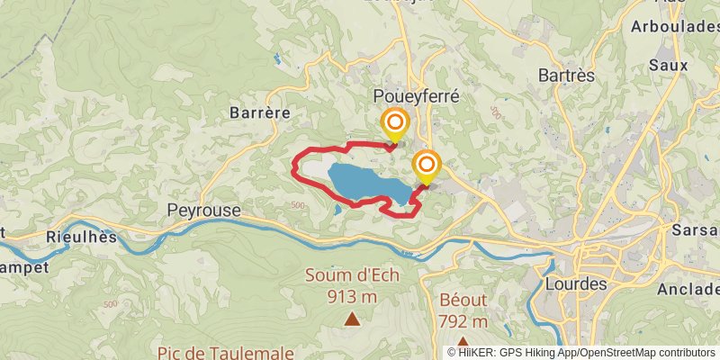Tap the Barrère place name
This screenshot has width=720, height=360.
click(x=259, y=112)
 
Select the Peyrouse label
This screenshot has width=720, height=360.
click(x=203, y=210)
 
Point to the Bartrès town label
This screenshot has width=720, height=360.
click(x=566, y=76)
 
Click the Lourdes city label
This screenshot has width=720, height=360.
click(x=576, y=283)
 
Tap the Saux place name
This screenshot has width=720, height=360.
click(x=669, y=65)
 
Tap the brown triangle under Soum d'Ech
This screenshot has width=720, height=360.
click(x=352, y=318)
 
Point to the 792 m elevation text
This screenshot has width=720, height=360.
click(x=463, y=321)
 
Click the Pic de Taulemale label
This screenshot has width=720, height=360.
click(x=213, y=353)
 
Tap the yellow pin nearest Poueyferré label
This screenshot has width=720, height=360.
click(x=394, y=124)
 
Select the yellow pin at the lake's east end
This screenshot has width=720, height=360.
click(x=426, y=166)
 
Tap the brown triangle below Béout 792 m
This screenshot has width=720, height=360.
click(x=463, y=342)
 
